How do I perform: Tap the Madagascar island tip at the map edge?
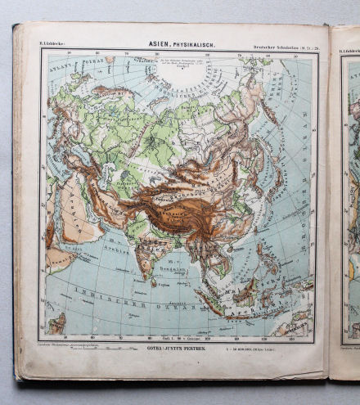[55, 325]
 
